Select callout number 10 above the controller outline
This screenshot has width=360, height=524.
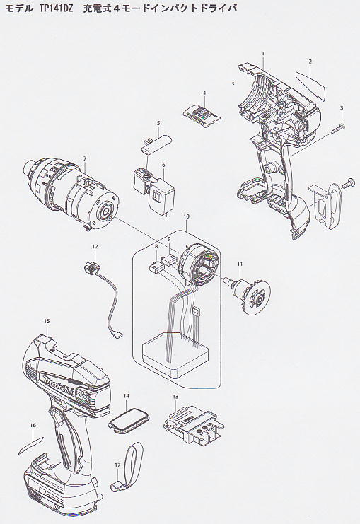click(186, 216)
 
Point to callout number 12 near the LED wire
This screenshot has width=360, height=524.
click(95, 246)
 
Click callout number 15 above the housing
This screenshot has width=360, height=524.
click(47, 321)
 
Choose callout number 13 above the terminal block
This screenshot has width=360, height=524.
click(175, 397)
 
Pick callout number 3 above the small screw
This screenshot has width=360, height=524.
click(342, 107)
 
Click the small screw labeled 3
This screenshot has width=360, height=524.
click(337, 129)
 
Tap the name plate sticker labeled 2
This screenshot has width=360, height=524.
click(310, 86)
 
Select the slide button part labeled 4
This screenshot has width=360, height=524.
click(202, 116)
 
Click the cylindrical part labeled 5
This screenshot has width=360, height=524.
click(157, 143)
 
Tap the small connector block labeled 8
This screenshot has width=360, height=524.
click(155, 267)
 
